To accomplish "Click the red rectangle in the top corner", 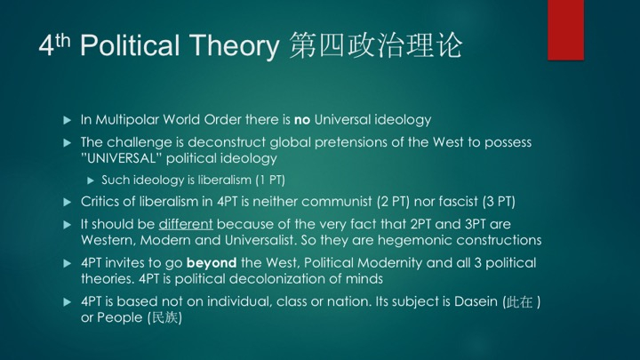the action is pos(565,30).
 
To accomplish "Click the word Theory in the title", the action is pos(235,45).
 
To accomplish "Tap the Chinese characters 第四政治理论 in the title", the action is pos(375,45).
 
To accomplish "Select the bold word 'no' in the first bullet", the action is pos(302,120).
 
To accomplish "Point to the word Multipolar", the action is pos(127,120).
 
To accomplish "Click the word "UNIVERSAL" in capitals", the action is pos(118,158).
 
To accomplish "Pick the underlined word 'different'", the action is pos(186,224).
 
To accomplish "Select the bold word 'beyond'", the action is pos(212,263).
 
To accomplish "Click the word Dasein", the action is pos(476,301).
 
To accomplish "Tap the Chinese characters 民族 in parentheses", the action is pos(165,317).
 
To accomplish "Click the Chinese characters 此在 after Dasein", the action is pos(519,302).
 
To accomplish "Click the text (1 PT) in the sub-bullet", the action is pos(270,180).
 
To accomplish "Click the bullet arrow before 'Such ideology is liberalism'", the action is pos(91,180).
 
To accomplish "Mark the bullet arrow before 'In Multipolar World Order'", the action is pos(68,120).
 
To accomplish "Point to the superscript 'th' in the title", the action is pos(63,40).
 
